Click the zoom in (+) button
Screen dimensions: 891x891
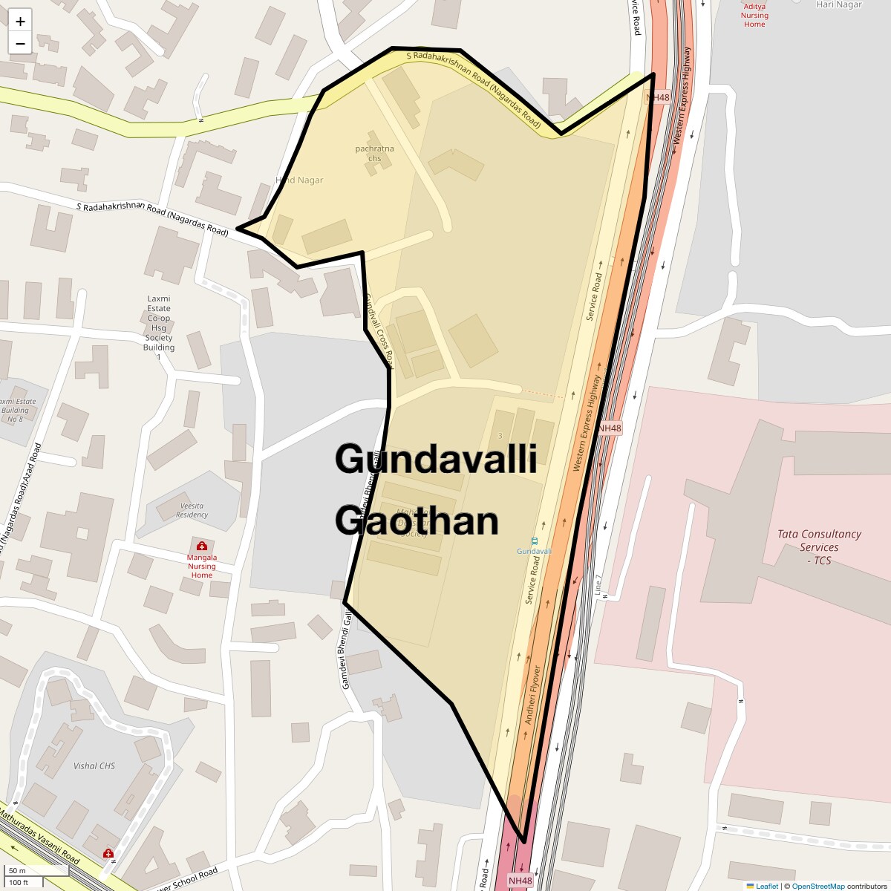click(20, 22)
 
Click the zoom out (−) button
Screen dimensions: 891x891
click(20, 43)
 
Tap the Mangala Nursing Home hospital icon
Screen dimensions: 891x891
click(201, 546)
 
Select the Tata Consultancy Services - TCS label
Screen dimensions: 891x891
click(819, 547)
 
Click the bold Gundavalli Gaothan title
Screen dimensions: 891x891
click(435, 490)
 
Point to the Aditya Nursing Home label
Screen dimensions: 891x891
click(754, 16)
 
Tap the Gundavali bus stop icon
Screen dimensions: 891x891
click(535, 541)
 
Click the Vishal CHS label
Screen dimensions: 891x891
click(94, 766)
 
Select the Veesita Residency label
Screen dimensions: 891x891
click(192, 510)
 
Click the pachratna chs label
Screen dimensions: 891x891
click(374, 153)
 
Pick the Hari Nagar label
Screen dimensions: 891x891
click(839, 4)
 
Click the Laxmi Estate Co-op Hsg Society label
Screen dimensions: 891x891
click(159, 323)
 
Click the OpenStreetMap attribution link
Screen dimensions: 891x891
click(817, 886)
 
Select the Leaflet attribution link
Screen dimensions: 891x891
click(766, 886)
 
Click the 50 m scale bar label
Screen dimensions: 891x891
click(18, 871)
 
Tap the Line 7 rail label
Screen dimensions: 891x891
click(598, 584)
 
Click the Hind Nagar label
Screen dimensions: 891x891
click(300, 180)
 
